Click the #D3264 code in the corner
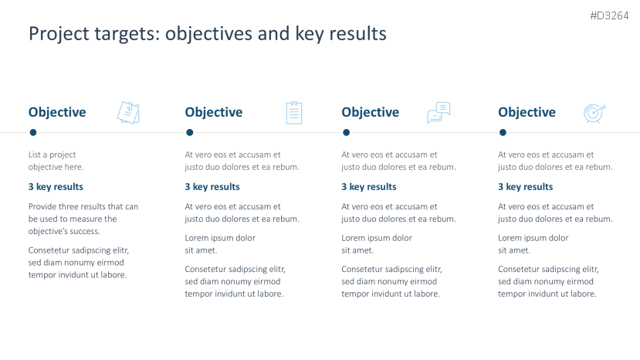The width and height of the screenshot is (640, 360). tap(609, 16)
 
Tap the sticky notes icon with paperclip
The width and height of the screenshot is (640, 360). tap(128, 112)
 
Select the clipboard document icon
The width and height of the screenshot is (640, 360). tap(294, 113)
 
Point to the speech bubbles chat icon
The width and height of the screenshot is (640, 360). tap(439, 112)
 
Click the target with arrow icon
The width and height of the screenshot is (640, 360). tap(594, 114)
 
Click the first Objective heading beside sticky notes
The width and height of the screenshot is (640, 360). tap(57, 112)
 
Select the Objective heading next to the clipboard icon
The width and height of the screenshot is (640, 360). tap(214, 112)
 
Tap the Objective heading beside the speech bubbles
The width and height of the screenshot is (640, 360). tap(371, 112)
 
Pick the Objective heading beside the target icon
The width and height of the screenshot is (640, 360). tap(527, 112)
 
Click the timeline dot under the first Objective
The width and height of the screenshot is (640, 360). tap(33, 132)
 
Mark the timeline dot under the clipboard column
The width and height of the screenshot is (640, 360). tap(189, 132)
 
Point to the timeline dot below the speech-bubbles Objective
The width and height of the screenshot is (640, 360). tap(346, 132)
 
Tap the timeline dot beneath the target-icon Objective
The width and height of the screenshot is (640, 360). tap(503, 132)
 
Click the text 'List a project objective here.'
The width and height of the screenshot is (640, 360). tap(56, 161)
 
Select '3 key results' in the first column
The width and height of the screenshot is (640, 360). tap(56, 187)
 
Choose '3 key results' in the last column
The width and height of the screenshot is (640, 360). tap(525, 187)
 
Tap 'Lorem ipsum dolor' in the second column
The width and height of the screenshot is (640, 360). tap(220, 238)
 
